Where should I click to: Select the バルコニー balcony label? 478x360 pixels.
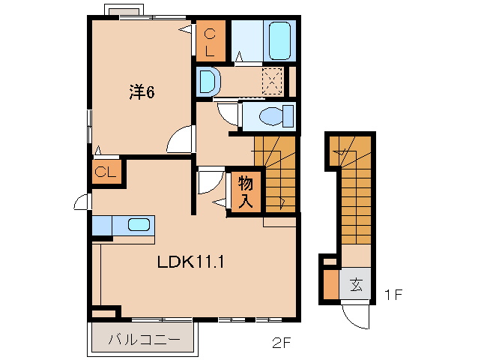[144, 339]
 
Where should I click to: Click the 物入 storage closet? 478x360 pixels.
[246, 192]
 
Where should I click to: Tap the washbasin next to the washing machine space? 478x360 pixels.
[208, 81]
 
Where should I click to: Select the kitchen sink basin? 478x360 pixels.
[138, 224]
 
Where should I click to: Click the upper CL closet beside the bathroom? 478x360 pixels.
[211, 41]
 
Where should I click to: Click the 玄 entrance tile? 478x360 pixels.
[357, 285]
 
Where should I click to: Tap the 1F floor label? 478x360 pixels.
[394, 294]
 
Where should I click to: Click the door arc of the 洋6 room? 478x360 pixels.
[181, 139]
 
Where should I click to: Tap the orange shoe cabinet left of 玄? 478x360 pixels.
[330, 284]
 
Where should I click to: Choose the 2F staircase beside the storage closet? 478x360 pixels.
[277, 172]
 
